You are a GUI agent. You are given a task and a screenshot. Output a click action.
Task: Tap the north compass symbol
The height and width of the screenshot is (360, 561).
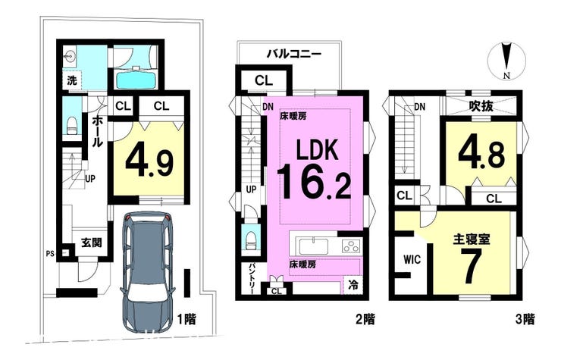(x=506, y=60)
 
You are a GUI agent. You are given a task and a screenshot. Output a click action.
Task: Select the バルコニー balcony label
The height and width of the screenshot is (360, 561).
(x=293, y=55)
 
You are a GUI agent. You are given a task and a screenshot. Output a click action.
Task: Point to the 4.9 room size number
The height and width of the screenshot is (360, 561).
(x=149, y=163)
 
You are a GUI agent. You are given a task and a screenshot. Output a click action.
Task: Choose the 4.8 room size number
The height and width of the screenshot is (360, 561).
(x=481, y=155)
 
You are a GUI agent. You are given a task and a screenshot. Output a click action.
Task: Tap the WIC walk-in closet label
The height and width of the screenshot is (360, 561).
(x=412, y=259)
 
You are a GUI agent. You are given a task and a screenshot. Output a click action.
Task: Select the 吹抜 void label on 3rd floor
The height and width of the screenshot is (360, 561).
(x=481, y=106)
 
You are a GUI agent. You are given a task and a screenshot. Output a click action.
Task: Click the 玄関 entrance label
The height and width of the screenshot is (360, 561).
(x=92, y=243)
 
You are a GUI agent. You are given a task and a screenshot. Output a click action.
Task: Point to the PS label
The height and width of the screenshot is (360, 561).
(x=50, y=254)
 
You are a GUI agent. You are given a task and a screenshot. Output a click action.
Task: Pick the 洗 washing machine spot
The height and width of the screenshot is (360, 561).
(x=72, y=81)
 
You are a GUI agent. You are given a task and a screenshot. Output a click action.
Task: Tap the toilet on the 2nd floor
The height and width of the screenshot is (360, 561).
(x=251, y=239)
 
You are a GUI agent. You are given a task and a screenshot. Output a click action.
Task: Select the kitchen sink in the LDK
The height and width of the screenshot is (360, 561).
(x=314, y=246)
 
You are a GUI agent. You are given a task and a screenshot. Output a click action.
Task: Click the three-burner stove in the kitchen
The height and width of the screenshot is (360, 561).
(x=352, y=246)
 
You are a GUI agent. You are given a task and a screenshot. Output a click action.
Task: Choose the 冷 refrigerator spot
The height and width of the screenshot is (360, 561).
(x=353, y=285)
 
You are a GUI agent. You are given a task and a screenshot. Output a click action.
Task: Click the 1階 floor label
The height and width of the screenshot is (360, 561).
(x=186, y=318)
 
